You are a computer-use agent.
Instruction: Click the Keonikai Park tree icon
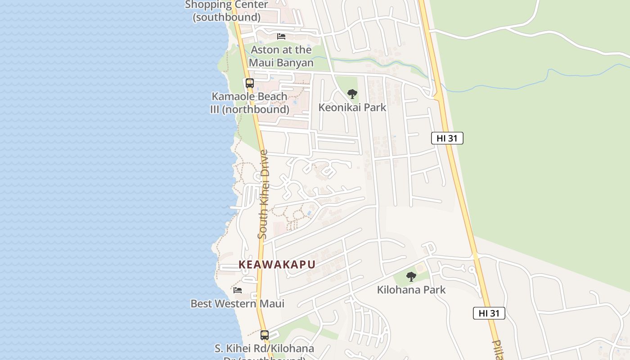[352, 94]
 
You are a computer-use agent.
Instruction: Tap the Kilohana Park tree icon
[411, 277]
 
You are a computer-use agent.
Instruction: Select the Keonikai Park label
[352, 107]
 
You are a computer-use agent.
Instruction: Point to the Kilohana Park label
[411, 290]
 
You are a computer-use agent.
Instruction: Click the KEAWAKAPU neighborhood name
[277, 265]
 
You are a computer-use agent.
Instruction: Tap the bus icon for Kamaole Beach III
[250, 83]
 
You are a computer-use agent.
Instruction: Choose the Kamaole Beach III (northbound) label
[250, 103]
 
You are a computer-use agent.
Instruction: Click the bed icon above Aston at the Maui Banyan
[282, 36]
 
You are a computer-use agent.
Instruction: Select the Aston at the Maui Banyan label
[282, 56]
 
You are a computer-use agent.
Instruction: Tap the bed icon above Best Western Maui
[238, 290]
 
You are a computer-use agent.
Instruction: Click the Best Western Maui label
[238, 304]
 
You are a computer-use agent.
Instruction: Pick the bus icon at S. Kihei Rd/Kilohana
[265, 335]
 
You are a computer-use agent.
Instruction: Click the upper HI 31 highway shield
[447, 138]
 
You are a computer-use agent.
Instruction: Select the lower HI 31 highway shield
[489, 313]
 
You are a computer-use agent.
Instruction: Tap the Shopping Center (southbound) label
[227, 11]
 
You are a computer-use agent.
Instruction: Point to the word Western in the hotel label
[238, 304]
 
